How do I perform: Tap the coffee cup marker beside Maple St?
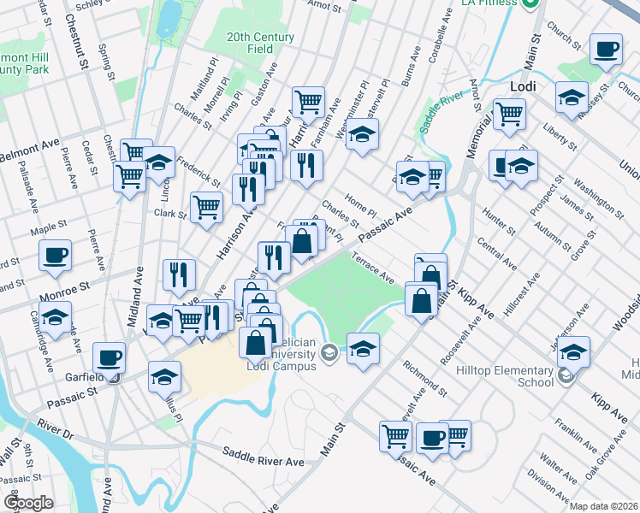pyautogui.click(x=56, y=255)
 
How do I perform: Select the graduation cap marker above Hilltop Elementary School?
pyautogui.click(x=575, y=351)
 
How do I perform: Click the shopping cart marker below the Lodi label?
pyautogui.click(x=509, y=114)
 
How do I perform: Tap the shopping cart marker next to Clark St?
pyautogui.click(x=206, y=206)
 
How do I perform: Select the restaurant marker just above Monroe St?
pyautogui.click(x=179, y=274)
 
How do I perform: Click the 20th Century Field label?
pyautogui.click(x=260, y=44)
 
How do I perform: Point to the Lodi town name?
pyautogui.click(x=522, y=87)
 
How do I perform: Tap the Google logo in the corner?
pyautogui.click(x=28, y=502)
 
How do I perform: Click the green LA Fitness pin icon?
pyautogui.click(x=530, y=4)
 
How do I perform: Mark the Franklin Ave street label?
pyautogui.click(x=576, y=435)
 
